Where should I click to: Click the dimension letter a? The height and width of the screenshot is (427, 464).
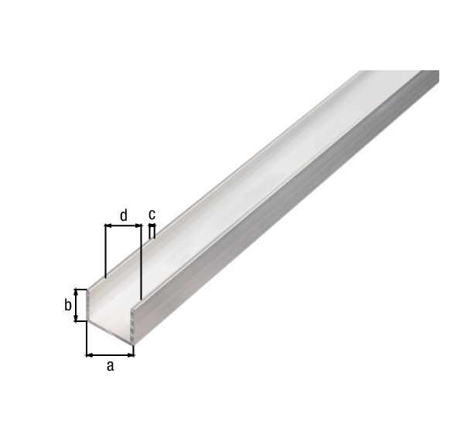coord(110,367)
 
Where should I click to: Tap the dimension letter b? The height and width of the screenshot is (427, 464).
coord(68,306)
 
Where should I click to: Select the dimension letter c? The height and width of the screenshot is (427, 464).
coord(152,214)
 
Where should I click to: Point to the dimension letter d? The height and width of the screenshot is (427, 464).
coord(123,215)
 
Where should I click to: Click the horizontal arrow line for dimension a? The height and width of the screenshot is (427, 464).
coord(110,355)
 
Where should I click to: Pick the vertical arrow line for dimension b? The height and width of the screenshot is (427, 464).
coord(77,306)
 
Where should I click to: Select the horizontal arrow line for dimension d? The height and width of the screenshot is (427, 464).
coord(123,225)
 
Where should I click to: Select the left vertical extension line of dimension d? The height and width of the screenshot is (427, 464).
coord(104,251)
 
